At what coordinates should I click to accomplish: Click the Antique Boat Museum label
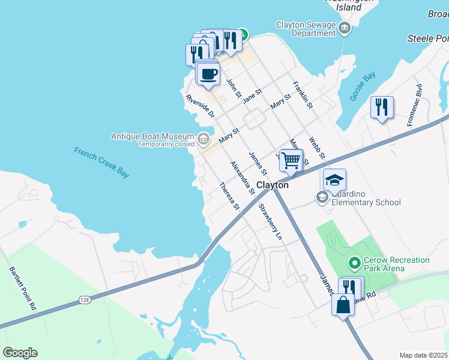(x=152, y=137)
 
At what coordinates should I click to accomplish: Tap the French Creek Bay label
(x=101, y=162)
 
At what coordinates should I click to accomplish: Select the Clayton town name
(x=273, y=185)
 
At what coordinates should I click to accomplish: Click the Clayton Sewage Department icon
(x=345, y=28)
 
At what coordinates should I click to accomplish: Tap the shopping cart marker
(x=291, y=161)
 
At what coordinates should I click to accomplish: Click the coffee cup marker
(x=208, y=74)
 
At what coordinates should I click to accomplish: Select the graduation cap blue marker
(x=334, y=179)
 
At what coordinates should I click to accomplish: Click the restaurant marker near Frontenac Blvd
(x=382, y=107)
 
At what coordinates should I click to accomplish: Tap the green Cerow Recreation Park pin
(x=354, y=263)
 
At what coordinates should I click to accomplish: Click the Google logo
(x=20, y=353)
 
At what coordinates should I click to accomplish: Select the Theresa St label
(x=230, y=196)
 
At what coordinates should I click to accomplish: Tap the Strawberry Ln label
(x=270, y=221)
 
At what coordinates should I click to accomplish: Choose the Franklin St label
(x=303, y=95)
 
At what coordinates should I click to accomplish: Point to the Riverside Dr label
(x=200, y=106)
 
